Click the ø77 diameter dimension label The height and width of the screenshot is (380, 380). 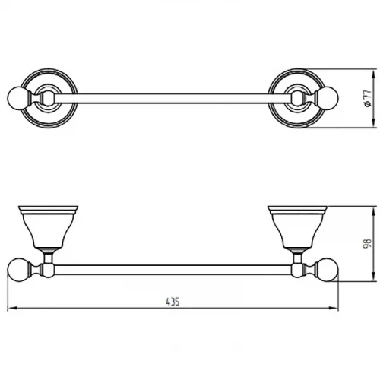tap(368, 98)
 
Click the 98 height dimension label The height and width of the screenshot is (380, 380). tap(368, 243)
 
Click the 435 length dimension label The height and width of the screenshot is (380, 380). tap(173, 302)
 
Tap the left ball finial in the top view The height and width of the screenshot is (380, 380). tap(17, 98)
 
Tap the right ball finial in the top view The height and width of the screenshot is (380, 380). tap(328, 99)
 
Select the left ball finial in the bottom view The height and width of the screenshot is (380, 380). tap(18, 270)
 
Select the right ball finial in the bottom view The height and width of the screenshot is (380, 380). tap(327, 270)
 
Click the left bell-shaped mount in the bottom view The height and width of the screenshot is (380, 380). tap(48, 226)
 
